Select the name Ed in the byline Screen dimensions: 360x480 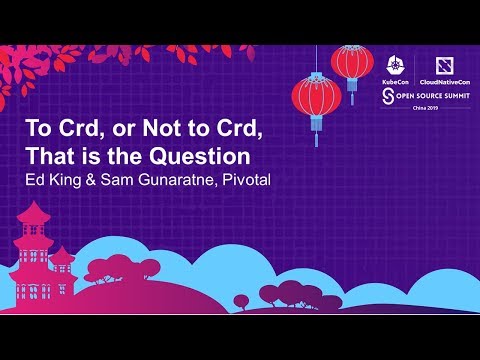click(x=36, y=180)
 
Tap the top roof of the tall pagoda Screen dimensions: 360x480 click(x=34, y=213)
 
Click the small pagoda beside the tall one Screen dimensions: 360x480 click(x=63, y=262)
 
